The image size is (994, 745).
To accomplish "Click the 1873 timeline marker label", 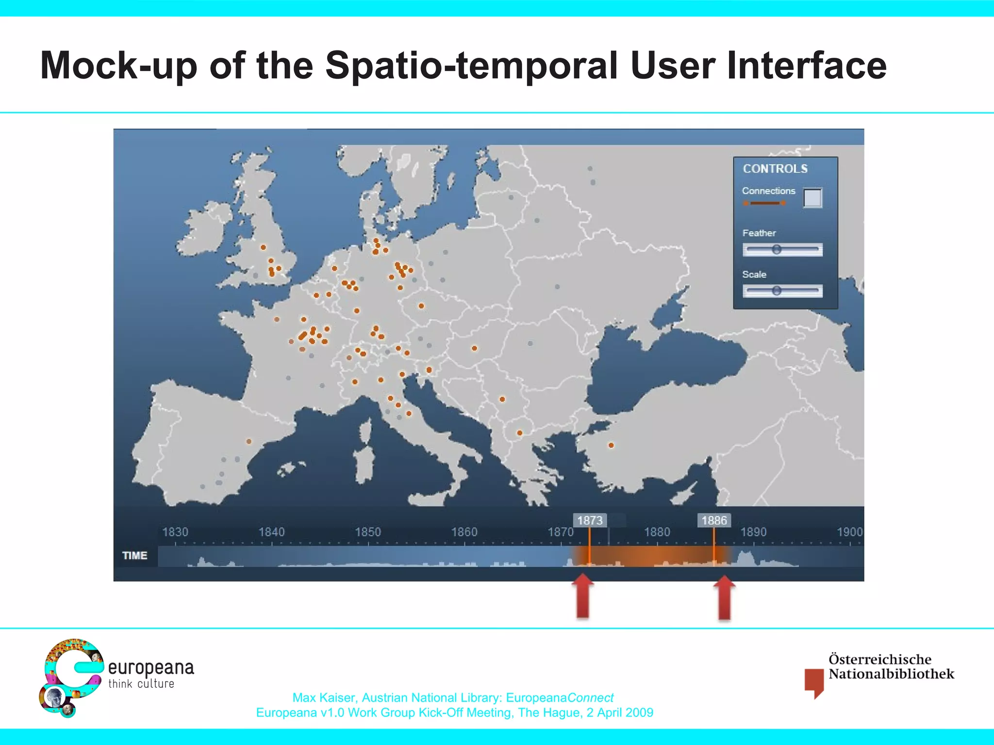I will point(590,520).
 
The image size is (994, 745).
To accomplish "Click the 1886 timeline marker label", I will point(714,520).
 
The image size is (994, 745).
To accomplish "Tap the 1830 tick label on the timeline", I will point(175,532).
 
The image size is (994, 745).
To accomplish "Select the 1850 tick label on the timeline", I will point(368,532).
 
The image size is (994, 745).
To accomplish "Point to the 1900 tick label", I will point(849,532).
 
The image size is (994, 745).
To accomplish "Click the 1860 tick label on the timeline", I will point(464,532).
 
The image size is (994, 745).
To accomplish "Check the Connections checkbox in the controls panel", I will point(812,198).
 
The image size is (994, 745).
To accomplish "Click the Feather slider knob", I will point(777,249).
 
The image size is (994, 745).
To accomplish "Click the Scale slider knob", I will point(777,291).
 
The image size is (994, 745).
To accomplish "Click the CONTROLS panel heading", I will point(775,169).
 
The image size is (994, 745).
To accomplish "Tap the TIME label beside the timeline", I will point(134,555).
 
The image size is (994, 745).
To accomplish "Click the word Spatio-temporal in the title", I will point(471,66).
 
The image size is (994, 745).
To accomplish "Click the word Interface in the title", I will point(806,66).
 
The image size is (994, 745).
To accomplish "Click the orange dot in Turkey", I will point(611,445).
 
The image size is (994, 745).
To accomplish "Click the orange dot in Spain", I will point(249,441).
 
